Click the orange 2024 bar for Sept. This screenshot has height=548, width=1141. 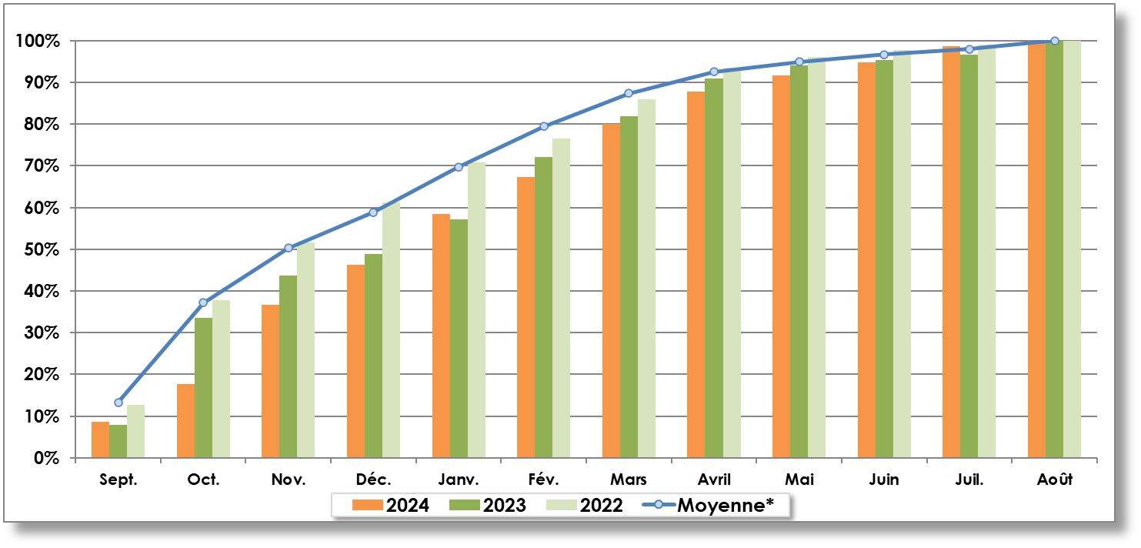tap(100, 439)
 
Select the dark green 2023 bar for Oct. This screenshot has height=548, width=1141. tap(203, 388)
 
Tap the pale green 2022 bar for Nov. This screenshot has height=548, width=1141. tap(305, 350)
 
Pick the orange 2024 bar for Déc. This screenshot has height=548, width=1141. tap(355, 361)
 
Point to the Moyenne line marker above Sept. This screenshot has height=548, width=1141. tap(118, 403)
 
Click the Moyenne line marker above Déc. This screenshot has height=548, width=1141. tap(373, 212)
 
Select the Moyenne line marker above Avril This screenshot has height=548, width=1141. tap(714, 72)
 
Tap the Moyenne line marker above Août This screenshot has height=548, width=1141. tap(1054, 41)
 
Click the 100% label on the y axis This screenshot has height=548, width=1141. tap(37, 41)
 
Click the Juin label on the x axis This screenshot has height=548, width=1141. tap(884, 479)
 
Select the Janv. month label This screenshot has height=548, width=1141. tap(459, 479)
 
